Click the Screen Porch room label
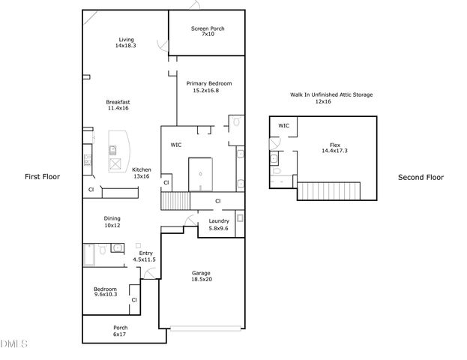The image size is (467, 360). (x=208, y=32)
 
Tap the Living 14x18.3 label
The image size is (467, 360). (x=124, y=43)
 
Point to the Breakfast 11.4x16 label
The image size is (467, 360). (x=118, y=105)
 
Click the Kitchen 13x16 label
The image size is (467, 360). (x=141, y=173)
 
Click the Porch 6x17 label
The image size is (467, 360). (x=120, y=331)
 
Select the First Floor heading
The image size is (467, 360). (x=43, y=177)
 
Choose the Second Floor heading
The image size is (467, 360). (x=421, y=178)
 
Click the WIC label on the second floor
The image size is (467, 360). (x=283, y=126)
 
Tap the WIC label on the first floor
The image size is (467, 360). (x=176, y=145)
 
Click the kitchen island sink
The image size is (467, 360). (x=116, y=164)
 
